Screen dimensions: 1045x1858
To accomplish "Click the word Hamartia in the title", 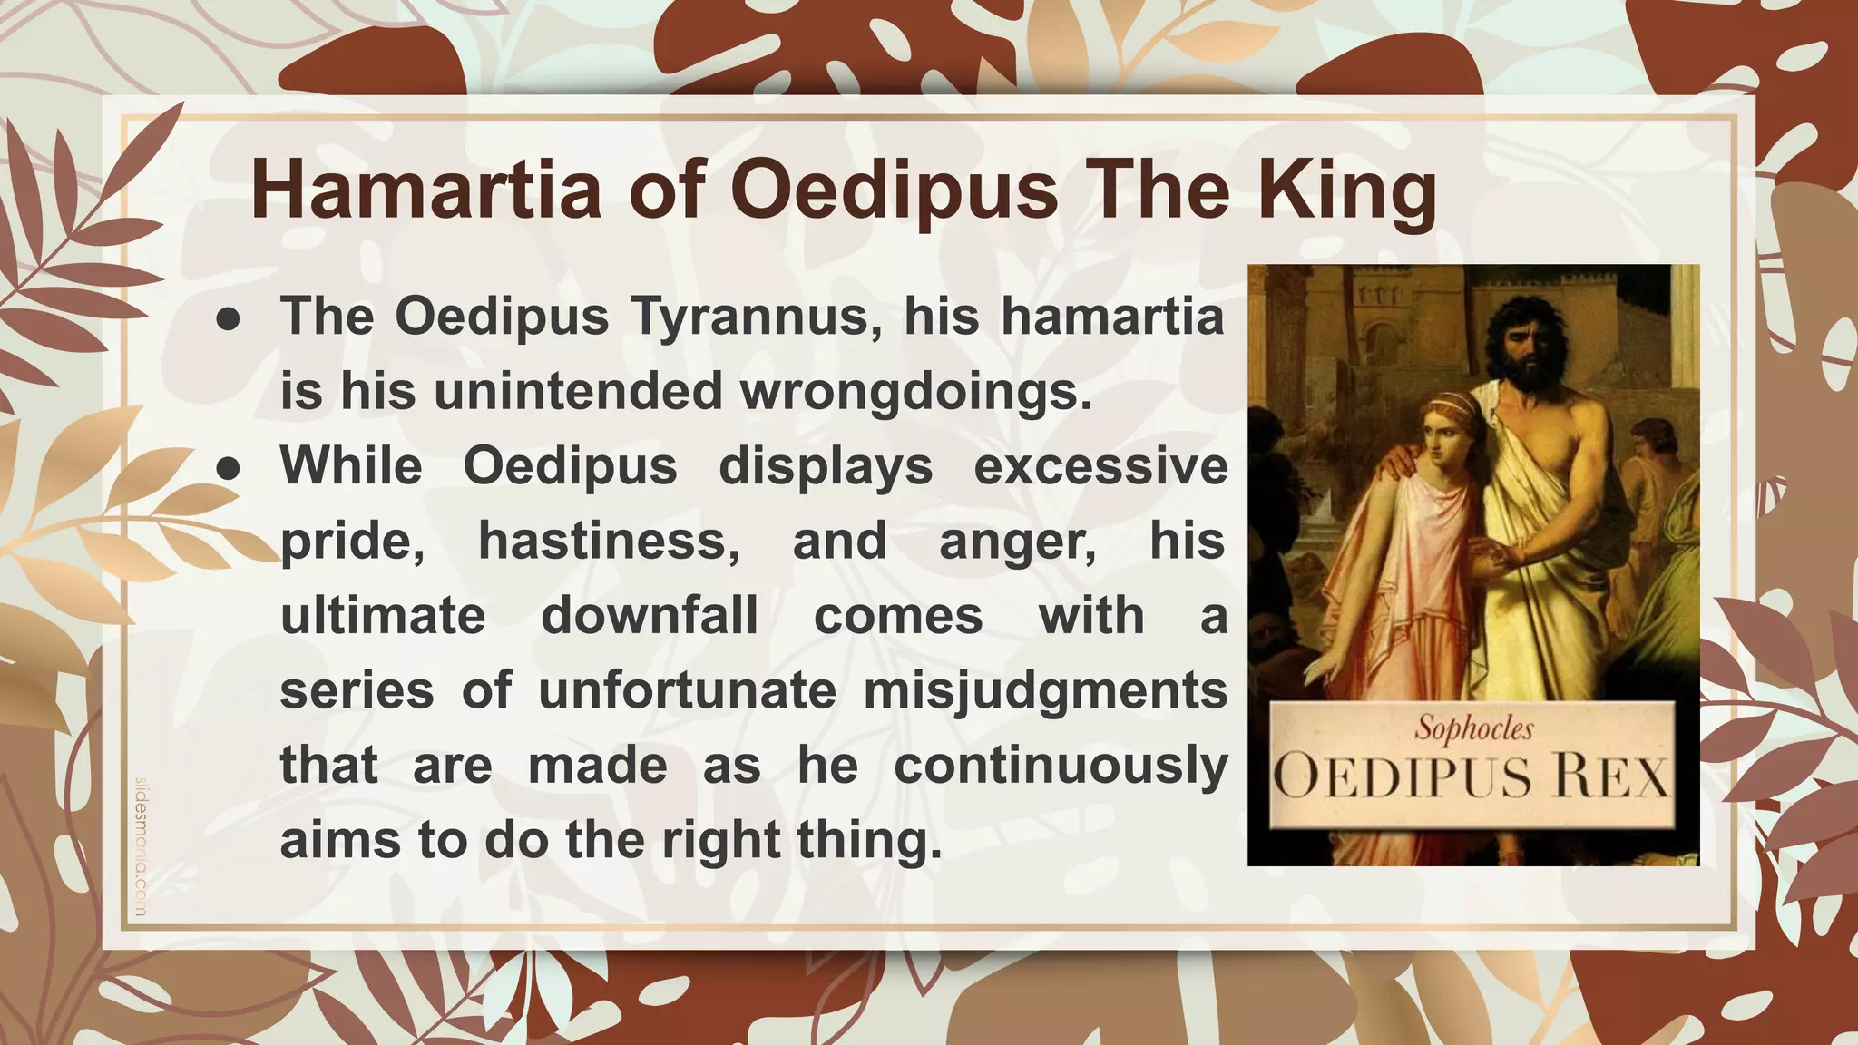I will [425, 190].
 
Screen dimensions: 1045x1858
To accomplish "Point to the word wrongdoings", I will [915, 392].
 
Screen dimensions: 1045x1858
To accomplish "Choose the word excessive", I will [1100, 466].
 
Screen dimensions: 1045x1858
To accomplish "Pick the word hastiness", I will [608, 542].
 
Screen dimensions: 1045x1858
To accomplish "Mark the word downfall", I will [649, 616].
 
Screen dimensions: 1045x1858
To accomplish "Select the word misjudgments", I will [1044, 691].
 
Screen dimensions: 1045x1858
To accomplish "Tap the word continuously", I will [1060, 766].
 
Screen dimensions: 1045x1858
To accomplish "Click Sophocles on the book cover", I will [1474, 728].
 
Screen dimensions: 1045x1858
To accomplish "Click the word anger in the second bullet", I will [1017, 542].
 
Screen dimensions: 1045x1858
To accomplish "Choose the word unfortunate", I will [687, 691].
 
